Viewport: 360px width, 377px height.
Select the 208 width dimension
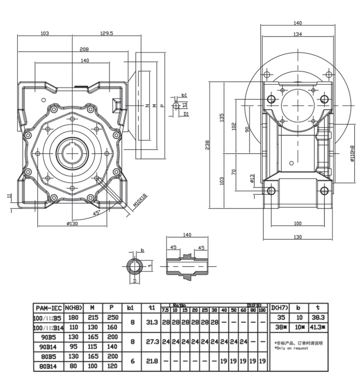pos(84,49)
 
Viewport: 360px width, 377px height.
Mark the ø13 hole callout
pos(252,179)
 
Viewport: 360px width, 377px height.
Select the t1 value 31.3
pos(153,322)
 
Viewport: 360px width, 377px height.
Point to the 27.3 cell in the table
pos(153,341)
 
